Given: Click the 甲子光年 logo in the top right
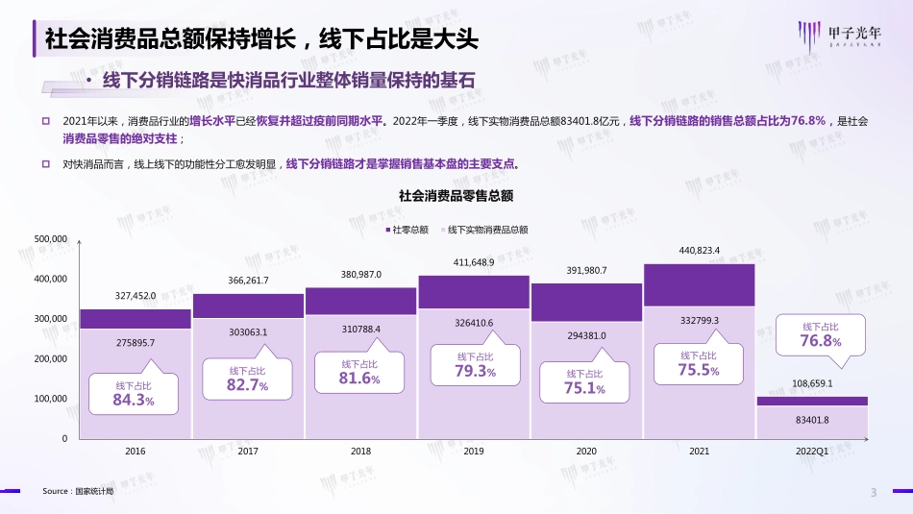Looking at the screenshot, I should (839, 36).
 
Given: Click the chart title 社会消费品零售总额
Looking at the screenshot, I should (456, 195).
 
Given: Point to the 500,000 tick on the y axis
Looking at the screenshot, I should (51, 238).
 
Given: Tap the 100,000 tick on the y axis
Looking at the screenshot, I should (51, 398).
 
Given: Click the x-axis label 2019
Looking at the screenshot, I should (473, 450).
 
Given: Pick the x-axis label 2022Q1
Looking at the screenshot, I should (811, 450).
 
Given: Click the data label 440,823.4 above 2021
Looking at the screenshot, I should (699, 251).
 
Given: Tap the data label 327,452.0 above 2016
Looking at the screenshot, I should (136, 297).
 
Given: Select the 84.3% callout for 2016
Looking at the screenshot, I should (134, 393).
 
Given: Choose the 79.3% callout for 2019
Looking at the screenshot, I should (477, 365).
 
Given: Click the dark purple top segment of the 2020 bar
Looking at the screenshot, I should (586, 302).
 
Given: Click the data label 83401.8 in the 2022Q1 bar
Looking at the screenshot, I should (812, 420).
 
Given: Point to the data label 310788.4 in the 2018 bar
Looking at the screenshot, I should (361, 330).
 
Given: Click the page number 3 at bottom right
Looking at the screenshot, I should (873, 494).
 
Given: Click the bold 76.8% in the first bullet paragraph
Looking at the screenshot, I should (805, 121).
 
